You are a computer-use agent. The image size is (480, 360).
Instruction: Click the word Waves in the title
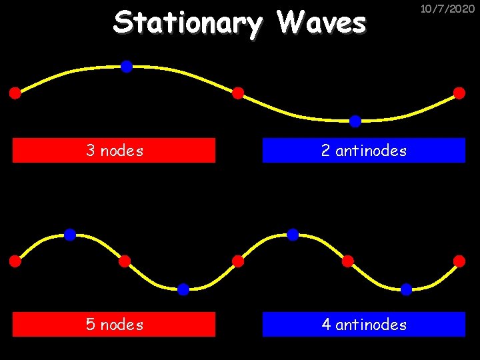point(321,23)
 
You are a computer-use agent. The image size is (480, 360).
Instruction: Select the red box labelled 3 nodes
point(114,151)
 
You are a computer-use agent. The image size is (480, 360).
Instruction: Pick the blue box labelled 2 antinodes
point(363,151)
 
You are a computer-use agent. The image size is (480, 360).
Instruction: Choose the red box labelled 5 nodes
point(114,325)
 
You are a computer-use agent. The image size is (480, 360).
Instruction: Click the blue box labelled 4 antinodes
point(363,325)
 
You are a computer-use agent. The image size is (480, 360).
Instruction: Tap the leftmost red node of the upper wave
point(15,93)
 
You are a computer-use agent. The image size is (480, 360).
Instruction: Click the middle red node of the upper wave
point(238,93)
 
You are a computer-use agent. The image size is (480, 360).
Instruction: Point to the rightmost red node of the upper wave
point(459,93)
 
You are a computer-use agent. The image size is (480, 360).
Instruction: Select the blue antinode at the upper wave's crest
point(126,66)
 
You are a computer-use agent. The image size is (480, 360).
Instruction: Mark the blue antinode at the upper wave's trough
point(355,121)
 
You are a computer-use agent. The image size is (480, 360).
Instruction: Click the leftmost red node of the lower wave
point(15,261)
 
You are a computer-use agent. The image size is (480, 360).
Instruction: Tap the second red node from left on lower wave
point(125,261)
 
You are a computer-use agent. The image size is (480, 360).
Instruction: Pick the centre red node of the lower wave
point(238,261)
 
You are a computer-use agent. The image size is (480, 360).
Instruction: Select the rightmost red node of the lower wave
point(459,261)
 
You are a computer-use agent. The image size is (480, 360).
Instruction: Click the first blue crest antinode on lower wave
point(70,234)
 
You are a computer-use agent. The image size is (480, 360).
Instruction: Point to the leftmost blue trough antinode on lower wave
point(183,289)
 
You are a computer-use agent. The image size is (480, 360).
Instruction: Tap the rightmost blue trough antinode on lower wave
point(406,289)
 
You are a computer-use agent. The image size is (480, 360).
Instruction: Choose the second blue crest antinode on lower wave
point(293,234)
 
